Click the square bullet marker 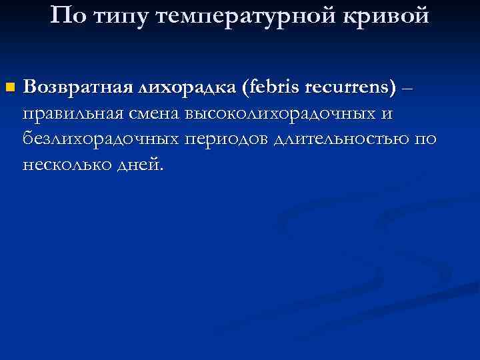(x=8, y=87)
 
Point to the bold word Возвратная (x=79, y=87)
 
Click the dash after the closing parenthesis (x=408, y=88)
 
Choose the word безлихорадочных (x=100, y=139)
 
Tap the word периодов (x=226, y=139)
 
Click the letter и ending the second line (x=387, y=115)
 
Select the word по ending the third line (x=428, y=139)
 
